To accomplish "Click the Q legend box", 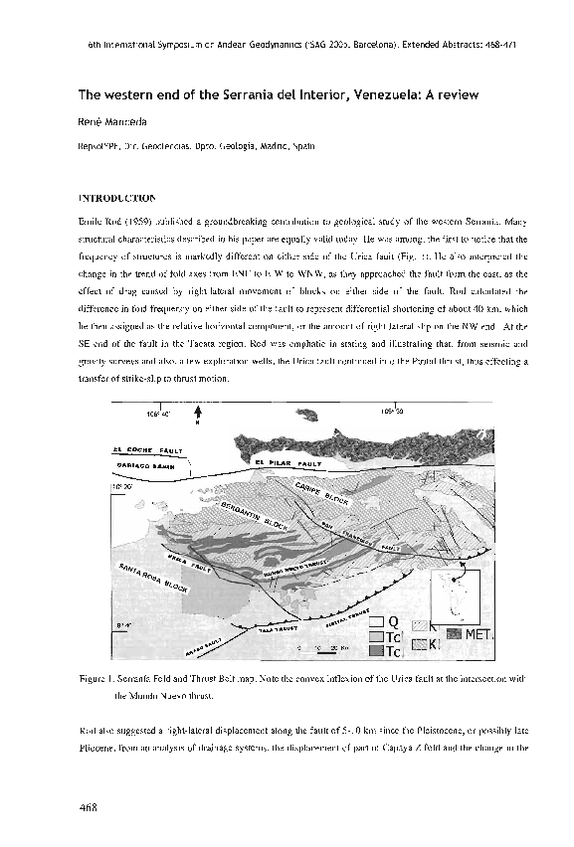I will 376,623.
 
